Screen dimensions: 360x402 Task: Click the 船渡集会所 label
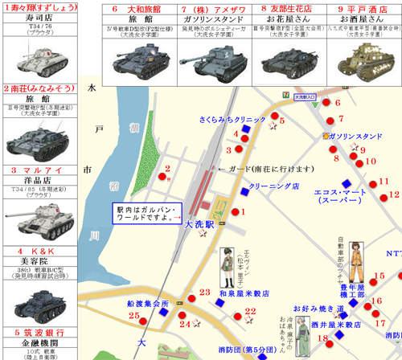click(x=148, y=305)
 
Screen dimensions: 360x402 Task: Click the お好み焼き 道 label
click(x=319, y=308)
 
